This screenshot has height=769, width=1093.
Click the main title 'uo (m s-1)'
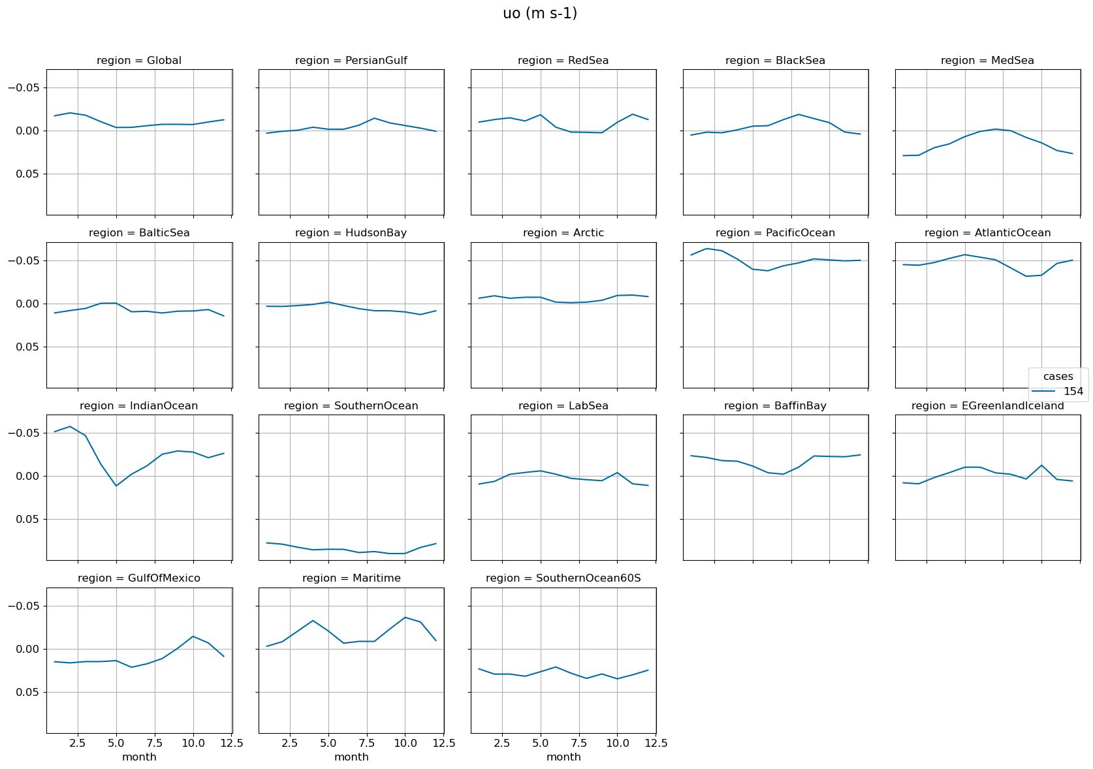click(x=539, y=14)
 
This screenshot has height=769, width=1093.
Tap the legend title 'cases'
click(x=1058, y=377)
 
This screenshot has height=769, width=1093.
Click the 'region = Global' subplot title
click(x=139, y=61)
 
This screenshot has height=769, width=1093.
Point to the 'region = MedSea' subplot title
click(x=987, y=61)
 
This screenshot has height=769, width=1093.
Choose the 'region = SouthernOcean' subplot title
click(x=351, y=406)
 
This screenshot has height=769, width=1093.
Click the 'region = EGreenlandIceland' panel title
click(x=987, y=406)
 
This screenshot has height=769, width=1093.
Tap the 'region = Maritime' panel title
click(x=351, y=578)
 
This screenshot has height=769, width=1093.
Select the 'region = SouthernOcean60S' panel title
click(x=563, y=578)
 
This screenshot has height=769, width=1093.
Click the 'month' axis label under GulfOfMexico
click(x=139, y=757)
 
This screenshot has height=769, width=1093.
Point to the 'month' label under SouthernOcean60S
click(x=563, y=757)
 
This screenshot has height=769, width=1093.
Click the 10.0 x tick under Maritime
click(x=405, y=743)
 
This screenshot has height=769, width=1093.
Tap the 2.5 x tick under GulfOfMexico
click(x=78, y=743)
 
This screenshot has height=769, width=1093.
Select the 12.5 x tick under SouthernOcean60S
click(x=656, y=743)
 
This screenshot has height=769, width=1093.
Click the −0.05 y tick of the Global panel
click(x=26, y=87)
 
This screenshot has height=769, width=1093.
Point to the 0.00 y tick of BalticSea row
click(x=29, y=304)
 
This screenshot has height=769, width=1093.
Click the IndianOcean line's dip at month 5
click(x=116, y=486)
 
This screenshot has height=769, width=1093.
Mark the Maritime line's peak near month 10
click(x=405, y=618)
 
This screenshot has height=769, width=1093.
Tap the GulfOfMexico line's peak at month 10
click(x=193, y=636)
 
